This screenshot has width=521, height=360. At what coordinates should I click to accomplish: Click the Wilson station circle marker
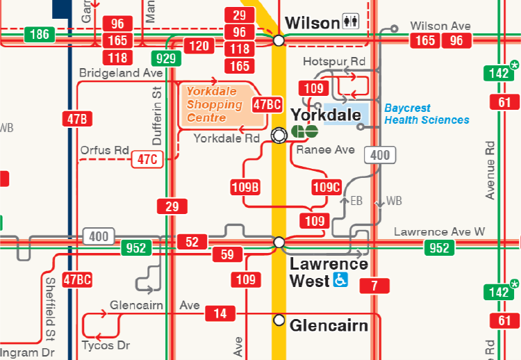click(279, 41)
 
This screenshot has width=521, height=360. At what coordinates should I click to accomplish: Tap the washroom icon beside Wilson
click(351, 23)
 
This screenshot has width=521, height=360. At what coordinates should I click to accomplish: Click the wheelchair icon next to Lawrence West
click(341, 280)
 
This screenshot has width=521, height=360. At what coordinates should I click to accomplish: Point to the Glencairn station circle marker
click(279, 320)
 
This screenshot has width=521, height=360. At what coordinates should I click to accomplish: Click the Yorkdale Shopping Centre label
click(215, 104)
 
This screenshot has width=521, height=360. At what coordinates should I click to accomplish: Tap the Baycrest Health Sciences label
click(427, 114)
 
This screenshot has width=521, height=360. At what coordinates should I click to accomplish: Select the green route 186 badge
click(40, 34)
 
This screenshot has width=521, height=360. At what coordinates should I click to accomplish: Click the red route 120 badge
click(199, 47)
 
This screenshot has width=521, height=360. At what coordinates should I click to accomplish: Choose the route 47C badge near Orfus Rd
click(147, 159)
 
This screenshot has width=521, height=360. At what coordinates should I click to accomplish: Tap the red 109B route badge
click(245, 186)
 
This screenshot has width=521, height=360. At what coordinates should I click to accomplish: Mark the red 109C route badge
click(326, 186)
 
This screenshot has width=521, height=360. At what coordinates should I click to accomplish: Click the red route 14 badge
click(220, 313)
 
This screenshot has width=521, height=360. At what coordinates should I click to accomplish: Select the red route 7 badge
click(374, 286)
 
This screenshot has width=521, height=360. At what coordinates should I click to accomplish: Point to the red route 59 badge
click(227, 254)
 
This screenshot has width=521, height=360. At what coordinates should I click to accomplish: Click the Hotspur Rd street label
click(333, 62)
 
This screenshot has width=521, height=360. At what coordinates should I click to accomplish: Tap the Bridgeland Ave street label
click(121, 73)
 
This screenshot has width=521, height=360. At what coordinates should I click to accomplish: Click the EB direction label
click(356, 201)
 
